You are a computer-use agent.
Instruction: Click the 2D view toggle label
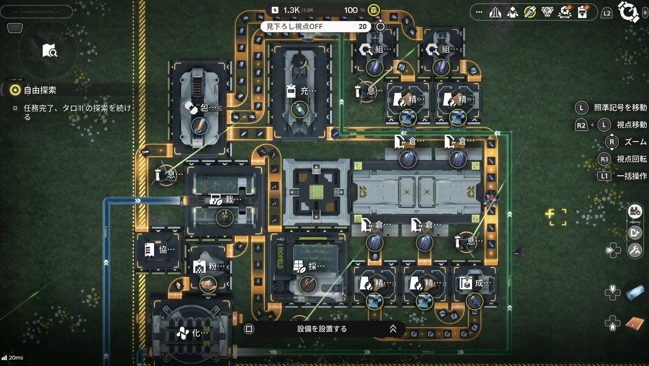click(x=362, y=27)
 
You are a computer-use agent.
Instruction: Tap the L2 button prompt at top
click(x=607, y=13)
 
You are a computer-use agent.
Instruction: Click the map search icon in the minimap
click(x=49, y=50)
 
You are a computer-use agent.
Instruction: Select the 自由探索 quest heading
click(x=40, y=90)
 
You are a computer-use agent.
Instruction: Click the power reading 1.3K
click(x=291, y=10)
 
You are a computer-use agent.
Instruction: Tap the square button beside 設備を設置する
click(x=249, y=329)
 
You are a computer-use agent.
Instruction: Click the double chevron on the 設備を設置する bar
click(x=393, y=329)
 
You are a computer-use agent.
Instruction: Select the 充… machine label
click(x=308, y=91)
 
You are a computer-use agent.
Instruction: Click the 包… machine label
click(x=208, y=108)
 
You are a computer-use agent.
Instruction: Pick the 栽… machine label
click(x=233, y=199)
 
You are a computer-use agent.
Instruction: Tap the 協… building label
click(x=166, y=250)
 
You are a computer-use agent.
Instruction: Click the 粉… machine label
click(x=216, y=266)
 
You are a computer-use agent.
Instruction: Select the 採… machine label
click(x=316, y=266)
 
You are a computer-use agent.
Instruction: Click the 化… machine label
click(x=200, y=333)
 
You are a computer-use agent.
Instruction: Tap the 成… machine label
click(x=482, y=283)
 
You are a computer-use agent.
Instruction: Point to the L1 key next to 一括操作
click(x=604, y=176)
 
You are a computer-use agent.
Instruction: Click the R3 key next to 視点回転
click(x=604, y=159)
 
